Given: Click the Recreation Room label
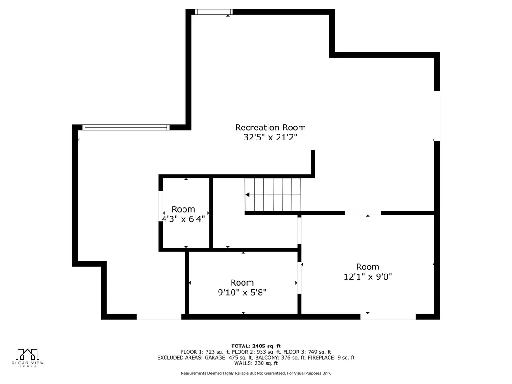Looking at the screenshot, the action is point(270,128).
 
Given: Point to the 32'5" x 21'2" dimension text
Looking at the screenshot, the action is point(270,137).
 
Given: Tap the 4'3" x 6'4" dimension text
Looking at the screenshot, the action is point(183,219).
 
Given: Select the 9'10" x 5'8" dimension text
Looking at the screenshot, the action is point(242,292).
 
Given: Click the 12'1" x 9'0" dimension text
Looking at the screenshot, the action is point(368,277).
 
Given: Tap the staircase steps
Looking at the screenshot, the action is point(273,195).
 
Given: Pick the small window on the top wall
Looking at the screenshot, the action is point(214,12).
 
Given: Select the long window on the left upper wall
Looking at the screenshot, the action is point(126,128).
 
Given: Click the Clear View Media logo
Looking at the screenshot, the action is point(27,358).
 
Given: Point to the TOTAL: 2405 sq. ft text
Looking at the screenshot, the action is point(256,346).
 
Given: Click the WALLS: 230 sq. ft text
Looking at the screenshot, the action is point(256,363).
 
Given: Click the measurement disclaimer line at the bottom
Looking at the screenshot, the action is point(256,373).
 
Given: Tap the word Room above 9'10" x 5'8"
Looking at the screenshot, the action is point(242,282).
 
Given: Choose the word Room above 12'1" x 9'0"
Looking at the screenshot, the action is point(368,267).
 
